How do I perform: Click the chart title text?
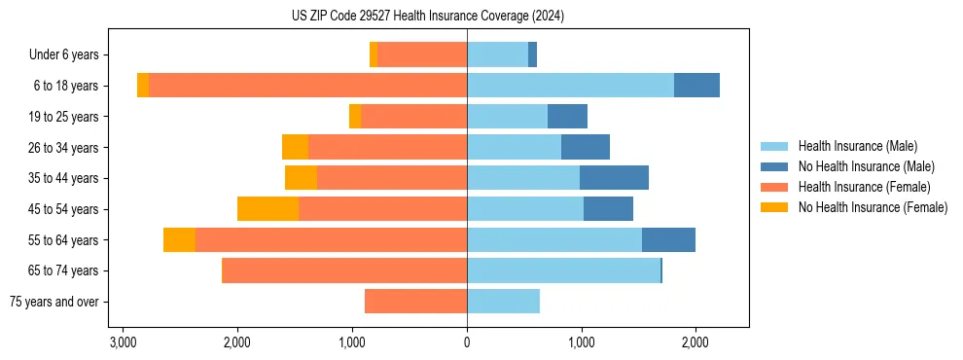tap(427, 17)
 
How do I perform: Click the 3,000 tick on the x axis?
tap(123, 342)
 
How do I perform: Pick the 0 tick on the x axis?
tap(467, 342)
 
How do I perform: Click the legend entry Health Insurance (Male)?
tap(857, 146)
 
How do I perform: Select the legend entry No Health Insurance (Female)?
tap(873, 207)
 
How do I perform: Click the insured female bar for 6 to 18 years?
tap(307, 86)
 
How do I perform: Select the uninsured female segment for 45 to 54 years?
tap(267, 209)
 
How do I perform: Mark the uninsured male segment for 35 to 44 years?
tap(614, 178)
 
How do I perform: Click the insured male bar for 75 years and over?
tap(503, 302)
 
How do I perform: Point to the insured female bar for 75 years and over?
tap(415, 302)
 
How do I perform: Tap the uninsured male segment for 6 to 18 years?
tap(696, 86)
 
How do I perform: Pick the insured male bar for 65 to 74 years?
tap(563, 270)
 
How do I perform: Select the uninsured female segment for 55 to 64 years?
tap(179, 239)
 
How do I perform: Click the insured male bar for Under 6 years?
tap(497, 55)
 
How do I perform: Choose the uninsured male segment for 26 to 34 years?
tap(586, 147)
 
